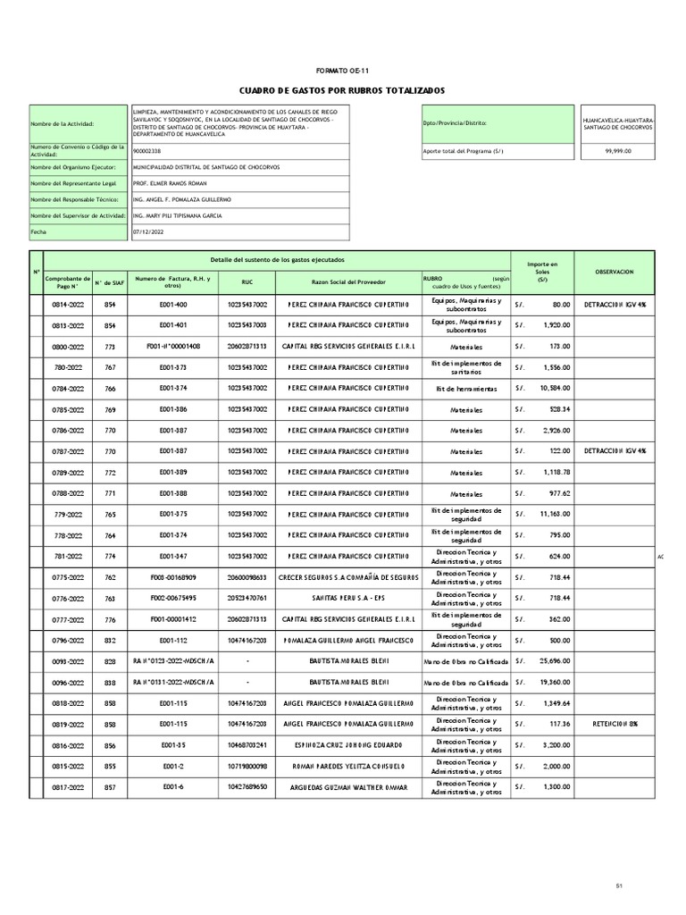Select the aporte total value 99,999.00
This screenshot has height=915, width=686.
(x=617, y=151)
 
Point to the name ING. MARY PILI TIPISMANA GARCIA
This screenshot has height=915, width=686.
(x=177, y=215)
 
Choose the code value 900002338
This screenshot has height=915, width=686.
(x=147, y=151)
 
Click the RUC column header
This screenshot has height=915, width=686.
(x=247, y=281)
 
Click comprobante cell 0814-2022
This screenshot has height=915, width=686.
(x=69, y=305)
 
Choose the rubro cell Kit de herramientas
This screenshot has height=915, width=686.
(x=465, y=388)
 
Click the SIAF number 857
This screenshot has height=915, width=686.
(x=110, y=786)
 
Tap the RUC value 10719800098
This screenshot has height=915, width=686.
(x=247, y=766)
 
